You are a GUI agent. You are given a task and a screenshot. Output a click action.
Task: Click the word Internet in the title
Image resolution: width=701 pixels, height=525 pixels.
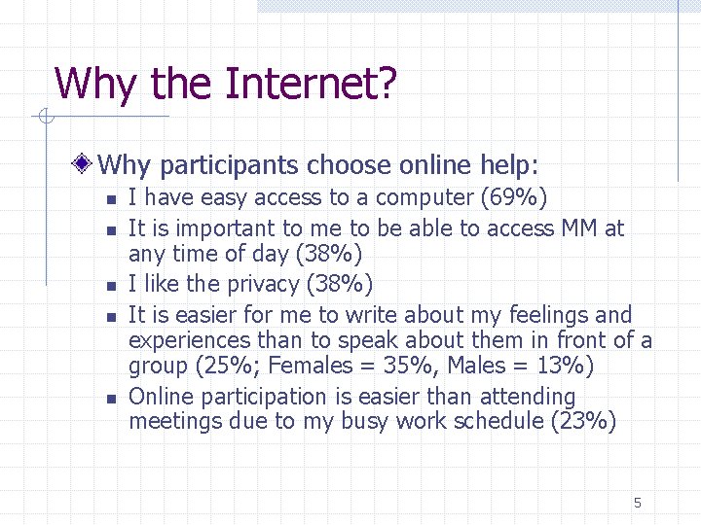click(311, 84)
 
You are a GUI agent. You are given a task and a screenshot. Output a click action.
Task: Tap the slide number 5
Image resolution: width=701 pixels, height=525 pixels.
click(638, 503)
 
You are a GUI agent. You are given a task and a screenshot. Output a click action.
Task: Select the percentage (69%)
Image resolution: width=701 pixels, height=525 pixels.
click(514, 198)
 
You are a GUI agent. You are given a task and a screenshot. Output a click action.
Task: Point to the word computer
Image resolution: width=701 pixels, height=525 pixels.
click(424, 198)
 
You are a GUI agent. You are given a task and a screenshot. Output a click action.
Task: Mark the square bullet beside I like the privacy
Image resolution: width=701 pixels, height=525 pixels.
click(111, 286)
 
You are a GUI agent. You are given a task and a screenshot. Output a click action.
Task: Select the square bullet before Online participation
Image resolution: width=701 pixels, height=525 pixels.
click(111, 399)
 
